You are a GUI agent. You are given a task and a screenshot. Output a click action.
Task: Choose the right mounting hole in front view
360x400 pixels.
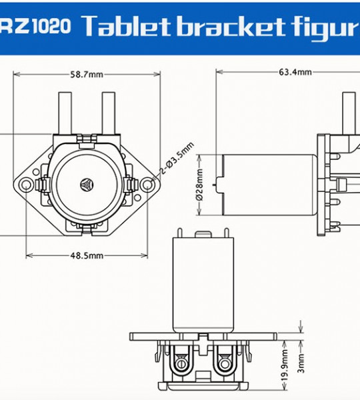148,183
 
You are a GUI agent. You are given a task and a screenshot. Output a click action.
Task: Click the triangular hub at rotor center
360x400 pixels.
87,183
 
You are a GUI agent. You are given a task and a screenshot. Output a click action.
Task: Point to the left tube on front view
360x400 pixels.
67,113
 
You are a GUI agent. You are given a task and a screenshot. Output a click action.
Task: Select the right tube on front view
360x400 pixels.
109,113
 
